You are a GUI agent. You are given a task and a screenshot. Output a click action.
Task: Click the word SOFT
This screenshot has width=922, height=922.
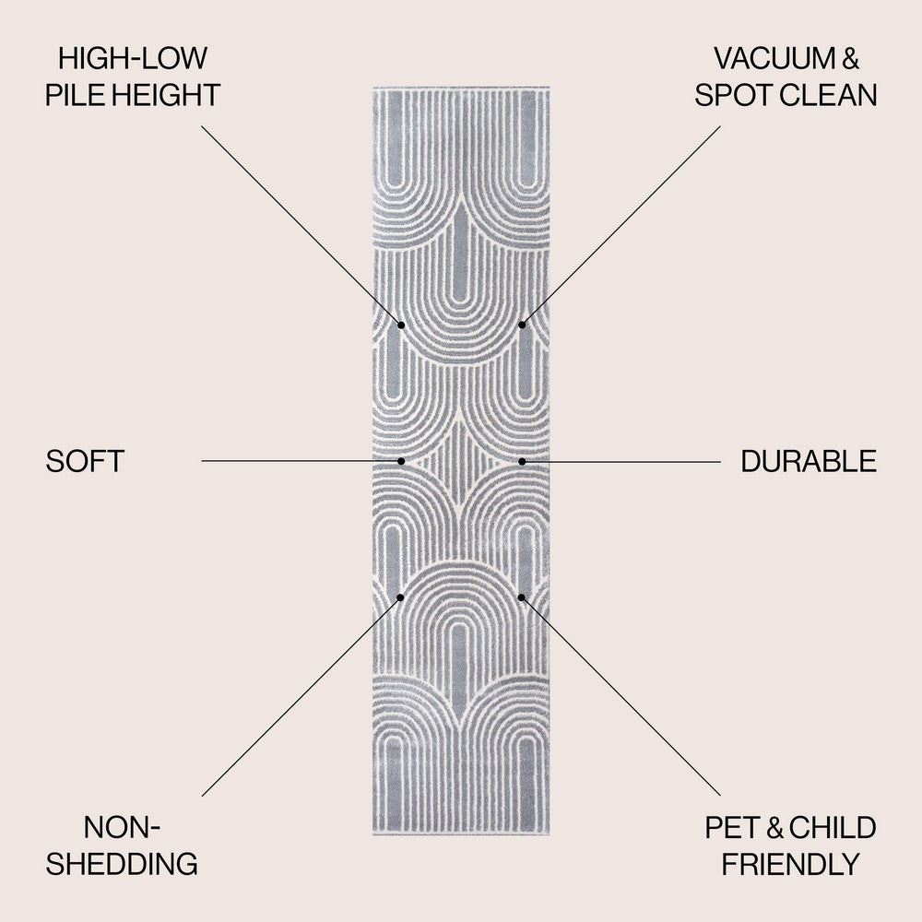pyautogui.click(x=84, y=461)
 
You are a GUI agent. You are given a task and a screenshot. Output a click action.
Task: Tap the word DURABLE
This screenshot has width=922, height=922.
pyautogui.click(x=809, y=461)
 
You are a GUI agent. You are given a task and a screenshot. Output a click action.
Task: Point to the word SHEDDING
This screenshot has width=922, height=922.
pyautogui.click(x=123, y=864)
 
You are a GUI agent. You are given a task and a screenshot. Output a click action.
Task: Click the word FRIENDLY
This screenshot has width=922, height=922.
pyautogui.click(x=790, y=864)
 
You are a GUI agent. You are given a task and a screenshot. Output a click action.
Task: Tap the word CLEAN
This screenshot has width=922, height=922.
pyautogui.click(x=830, y=94)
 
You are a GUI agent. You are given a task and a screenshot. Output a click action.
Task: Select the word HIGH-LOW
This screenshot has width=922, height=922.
pyautogui.click(x=133, y=59)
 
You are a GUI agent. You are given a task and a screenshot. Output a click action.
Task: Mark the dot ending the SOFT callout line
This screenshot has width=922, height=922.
pyautogui.click(x=401, y=460)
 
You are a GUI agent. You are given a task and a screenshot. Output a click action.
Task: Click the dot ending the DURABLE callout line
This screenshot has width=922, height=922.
pyautogui.click(x=522, y=460)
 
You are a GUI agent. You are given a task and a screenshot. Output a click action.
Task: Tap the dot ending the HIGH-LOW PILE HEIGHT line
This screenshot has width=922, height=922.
pyautogui.click(x=401, y=325)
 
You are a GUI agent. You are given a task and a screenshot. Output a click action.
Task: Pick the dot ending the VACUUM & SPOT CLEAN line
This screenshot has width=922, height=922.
pyautogui.click(x=522, y=325)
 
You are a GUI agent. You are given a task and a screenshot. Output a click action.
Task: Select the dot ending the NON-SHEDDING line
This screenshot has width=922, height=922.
pyautogui.click(x=401, y=597)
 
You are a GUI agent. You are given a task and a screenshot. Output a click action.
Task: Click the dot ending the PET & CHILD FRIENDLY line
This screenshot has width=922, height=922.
pyautogui.click(x=522, y=597)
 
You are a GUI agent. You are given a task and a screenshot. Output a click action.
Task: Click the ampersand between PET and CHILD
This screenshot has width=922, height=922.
pyautogui.click(x=774, y=828)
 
